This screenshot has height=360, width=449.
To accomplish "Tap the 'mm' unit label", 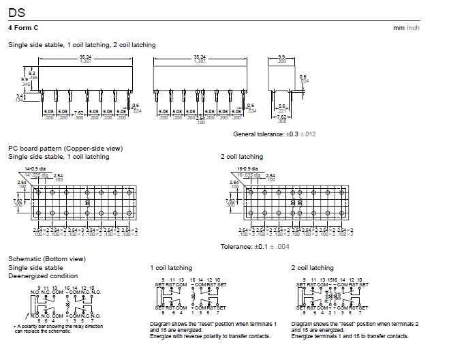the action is point(399,27).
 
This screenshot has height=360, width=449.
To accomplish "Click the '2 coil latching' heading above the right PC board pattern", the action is point(241,157).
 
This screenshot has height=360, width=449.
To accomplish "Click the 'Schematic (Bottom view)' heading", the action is point(46,259).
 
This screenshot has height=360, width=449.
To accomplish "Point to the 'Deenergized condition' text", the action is point(42,276).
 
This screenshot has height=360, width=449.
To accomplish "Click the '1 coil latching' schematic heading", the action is point(170,268).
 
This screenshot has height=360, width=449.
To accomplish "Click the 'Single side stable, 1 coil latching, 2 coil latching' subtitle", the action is point(82,45).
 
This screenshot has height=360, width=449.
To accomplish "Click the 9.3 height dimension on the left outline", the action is point(31,72).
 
